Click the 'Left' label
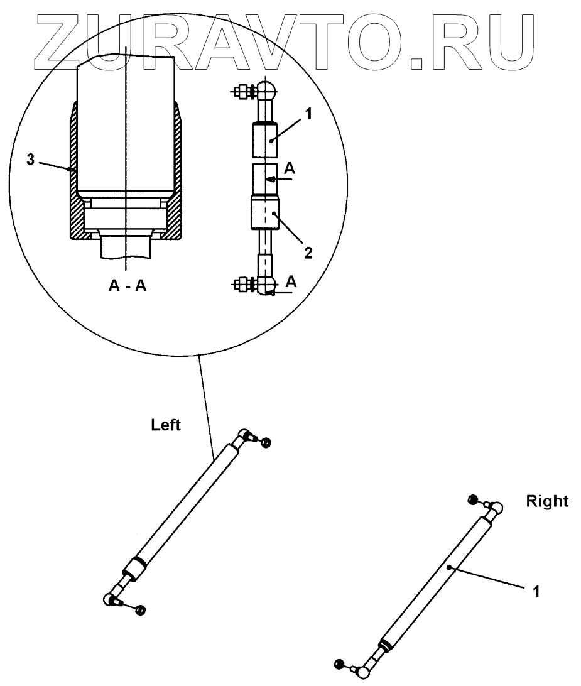[x=166, y=425]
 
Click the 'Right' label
[x=547, y=501]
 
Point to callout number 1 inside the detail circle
[x=308, y=116]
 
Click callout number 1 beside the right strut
[x=536, y=591]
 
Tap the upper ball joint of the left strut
[x=245, y=435]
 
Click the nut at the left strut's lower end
[x=140, y=610]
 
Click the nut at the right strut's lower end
[x=340, y=663]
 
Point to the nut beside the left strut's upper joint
[x=266, y=444]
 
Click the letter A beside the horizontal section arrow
[x=289, y=168]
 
